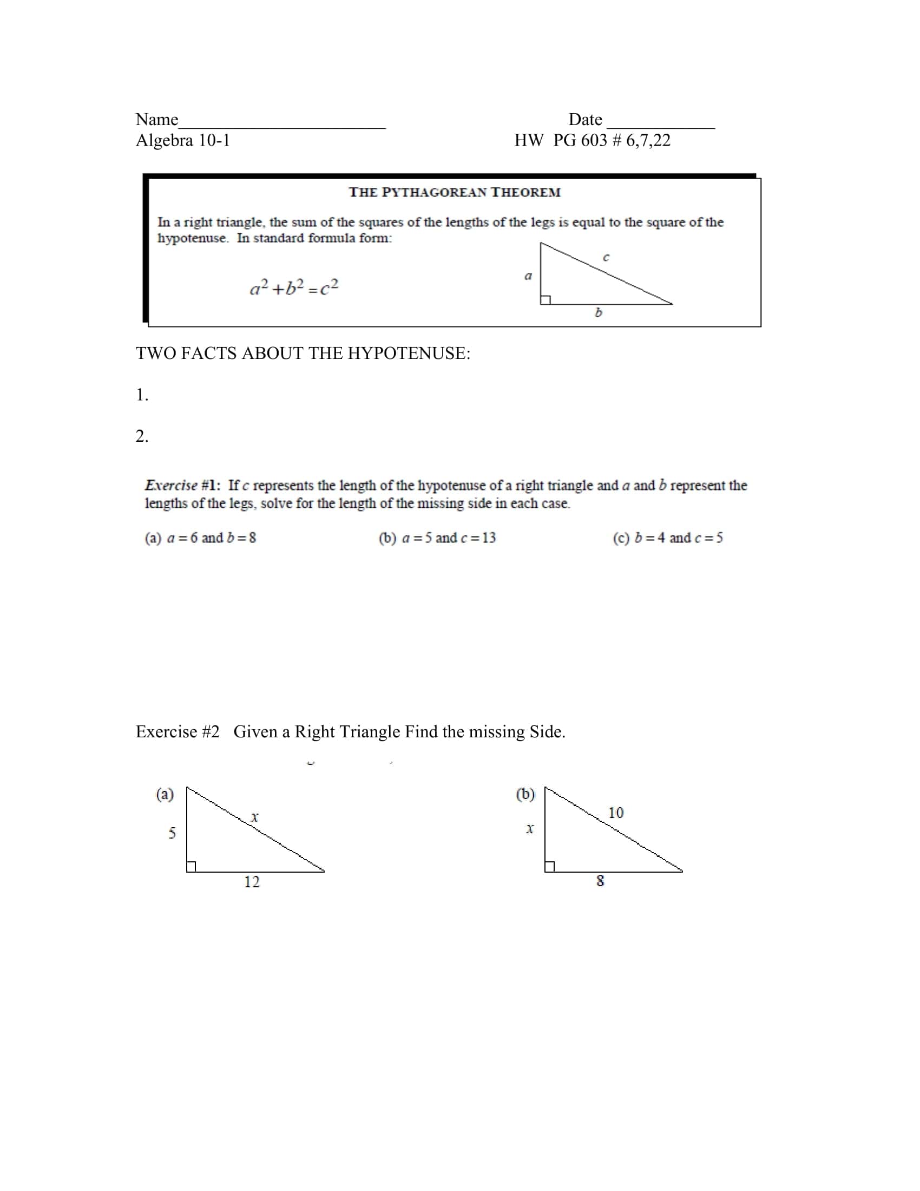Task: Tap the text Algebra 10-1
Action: click(182, 141)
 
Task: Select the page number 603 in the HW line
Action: click(594, 141)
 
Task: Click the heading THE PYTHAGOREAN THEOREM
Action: click(455, 192)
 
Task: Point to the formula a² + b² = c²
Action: click(294, 287)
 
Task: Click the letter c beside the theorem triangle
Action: click(606, 257)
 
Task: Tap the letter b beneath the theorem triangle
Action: click(598, 312)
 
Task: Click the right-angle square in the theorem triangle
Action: click(546, 299)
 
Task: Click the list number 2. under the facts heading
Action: click(142, 436)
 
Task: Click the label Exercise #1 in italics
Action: click(182, 485)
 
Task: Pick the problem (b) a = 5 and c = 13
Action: click(437, 538)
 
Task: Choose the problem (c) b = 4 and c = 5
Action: click(668, 538)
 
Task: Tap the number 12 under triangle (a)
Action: click(252, 882)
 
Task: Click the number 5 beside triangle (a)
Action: click(172, 833)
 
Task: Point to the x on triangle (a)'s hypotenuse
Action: click(254, 817)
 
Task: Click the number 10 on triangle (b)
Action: click(616, 813)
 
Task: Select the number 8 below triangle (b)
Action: click(600, 881)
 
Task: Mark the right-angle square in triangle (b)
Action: click(549, 867)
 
